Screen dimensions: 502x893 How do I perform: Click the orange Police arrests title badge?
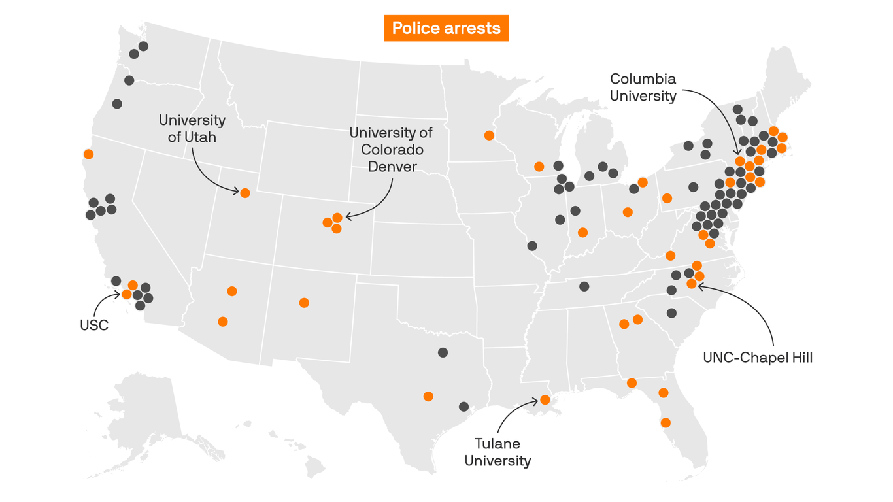tap(446, 28)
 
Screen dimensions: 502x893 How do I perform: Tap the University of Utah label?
tap(192, 129)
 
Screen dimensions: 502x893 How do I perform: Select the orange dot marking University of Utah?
tap(245, 193)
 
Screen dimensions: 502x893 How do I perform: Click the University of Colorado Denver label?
tap(391, 150)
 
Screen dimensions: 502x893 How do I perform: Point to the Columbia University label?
tap(643, 87)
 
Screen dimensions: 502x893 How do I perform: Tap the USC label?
tap(94, 325)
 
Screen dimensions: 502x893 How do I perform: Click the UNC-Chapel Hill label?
tap(757, 358)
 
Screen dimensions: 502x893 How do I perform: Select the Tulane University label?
tap(497, 452)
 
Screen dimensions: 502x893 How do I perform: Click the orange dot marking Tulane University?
tap(545, 399)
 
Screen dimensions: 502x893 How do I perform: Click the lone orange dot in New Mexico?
tap(304, 303)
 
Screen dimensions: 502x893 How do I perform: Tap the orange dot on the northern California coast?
tap(88, 154)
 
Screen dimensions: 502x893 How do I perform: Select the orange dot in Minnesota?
tap(489, 135)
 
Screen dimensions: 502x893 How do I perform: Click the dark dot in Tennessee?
tap(584, 286)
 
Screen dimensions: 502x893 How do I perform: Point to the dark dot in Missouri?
tap(532, 246)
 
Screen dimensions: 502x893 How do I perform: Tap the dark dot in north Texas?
tap(443, 352)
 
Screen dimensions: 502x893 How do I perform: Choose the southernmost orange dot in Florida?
tap(666, 423)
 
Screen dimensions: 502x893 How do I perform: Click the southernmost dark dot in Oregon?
tap(117, 104)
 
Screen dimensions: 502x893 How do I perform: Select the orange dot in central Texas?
tap(428, 396)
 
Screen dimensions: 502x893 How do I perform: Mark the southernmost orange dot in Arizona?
tap(223, 322)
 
